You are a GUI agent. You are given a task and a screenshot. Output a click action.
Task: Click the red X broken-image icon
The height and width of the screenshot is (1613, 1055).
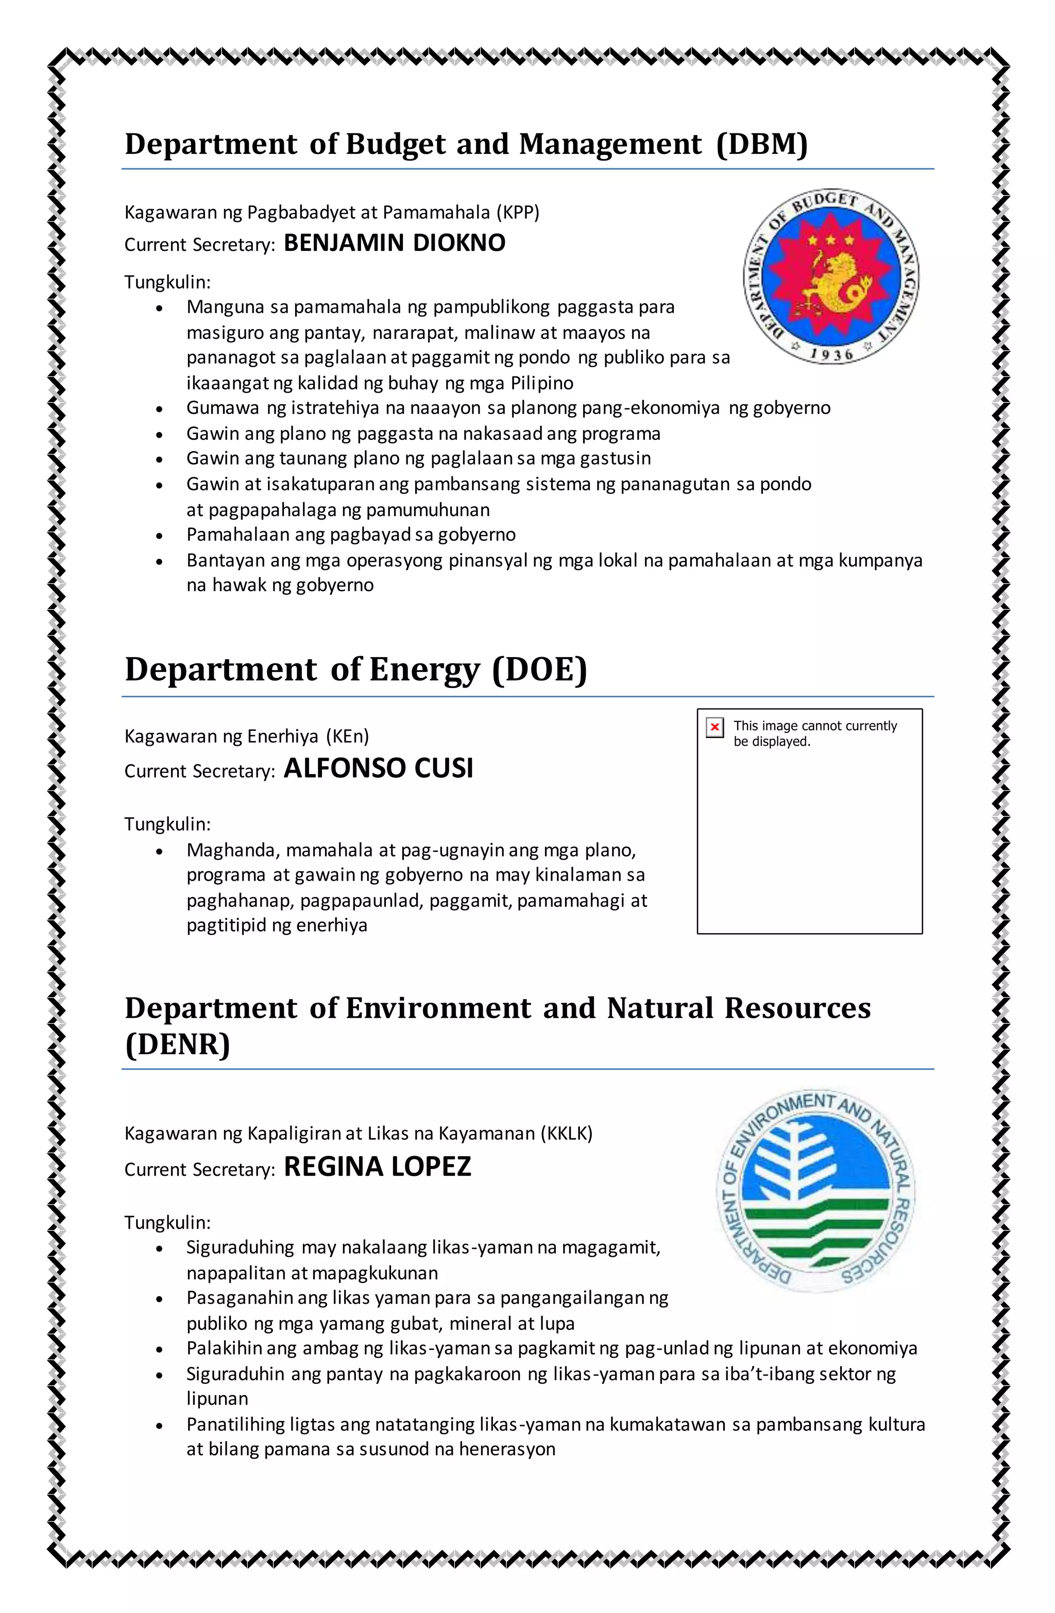click(714, 728)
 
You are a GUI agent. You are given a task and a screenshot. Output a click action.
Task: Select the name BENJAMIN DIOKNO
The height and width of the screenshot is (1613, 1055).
click(394, 243)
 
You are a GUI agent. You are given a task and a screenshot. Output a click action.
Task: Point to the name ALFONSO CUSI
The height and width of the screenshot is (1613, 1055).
click(378, 768)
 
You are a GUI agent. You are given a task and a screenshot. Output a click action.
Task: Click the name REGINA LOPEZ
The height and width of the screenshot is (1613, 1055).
click(377, 1166)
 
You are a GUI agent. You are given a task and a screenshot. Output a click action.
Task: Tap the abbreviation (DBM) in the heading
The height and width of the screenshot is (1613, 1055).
click(762, 144)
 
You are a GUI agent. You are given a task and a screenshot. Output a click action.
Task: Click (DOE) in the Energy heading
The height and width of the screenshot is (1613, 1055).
click(540, 670)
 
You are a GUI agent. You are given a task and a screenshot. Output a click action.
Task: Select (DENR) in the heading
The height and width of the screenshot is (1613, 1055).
click(178, 1044)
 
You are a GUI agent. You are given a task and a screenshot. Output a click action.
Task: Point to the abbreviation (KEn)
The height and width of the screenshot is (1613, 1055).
click(347, 736)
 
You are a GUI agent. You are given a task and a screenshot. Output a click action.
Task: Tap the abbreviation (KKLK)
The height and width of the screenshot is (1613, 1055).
click(566, 1133)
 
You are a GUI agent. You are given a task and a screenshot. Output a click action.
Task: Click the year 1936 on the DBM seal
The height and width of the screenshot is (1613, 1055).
click(831, 353)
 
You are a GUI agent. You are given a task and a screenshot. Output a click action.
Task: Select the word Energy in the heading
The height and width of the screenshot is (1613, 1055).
click(424, 670)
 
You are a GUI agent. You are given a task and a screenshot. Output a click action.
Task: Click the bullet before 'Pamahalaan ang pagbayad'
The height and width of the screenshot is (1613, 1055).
click(159, 536)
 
